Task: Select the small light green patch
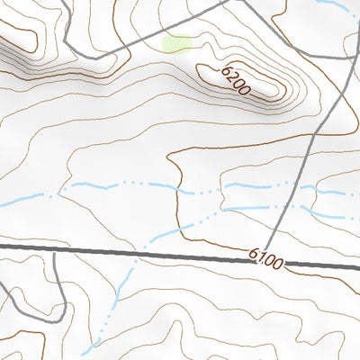coord(176,43)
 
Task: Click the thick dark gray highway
coord(135,252)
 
